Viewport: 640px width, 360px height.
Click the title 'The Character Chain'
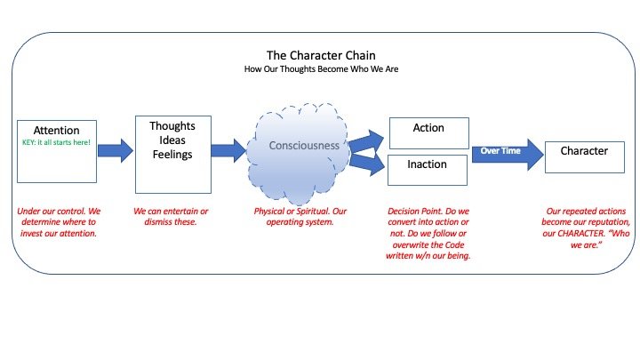click(x=321, y=55)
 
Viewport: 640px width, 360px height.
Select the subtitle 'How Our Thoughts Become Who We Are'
click(x=321, y=69)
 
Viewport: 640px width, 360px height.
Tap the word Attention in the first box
click(x=56, y=130)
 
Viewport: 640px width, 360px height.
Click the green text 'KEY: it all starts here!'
click(x=56, y=142)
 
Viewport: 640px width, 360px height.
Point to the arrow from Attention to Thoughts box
click(x=116, y=150)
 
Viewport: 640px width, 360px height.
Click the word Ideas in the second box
click(x=172, y=140)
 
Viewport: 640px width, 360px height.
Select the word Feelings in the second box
click(x=172, y=155)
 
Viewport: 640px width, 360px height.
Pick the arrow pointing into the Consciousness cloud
click(x=228, y=150)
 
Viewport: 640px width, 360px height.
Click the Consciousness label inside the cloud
click(x=304, y=145)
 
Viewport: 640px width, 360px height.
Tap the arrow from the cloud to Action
click(x=366, y=141)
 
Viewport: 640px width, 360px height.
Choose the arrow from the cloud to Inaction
click(x=367, y=164)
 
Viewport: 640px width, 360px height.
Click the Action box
click(x=429, y=133)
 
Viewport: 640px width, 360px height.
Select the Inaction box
click(x=428, y=170)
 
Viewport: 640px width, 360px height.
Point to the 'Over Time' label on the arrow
click(x=500, y=150)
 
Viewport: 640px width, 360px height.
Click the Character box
click(x=585, y=157)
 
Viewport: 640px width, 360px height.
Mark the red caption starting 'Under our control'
click(x=59, y=222)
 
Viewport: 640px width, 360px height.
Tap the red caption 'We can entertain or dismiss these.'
click(x=171, y=216)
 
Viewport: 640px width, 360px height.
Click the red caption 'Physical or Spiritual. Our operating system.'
click(x=300, y=216)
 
